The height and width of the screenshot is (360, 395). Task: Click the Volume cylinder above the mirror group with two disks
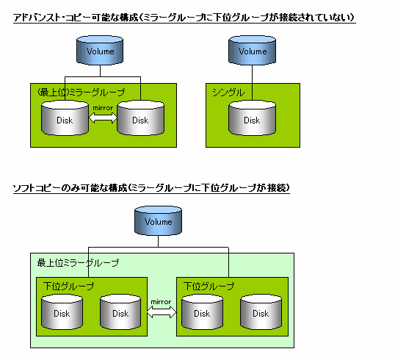coord(100,50)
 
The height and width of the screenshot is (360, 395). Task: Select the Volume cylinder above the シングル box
coord(252,50)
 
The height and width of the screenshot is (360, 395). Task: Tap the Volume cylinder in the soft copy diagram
coord(158,220)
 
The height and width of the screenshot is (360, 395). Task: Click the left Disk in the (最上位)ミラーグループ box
coord(65,118)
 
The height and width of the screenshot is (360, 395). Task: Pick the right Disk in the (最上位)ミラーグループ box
coord(140,118)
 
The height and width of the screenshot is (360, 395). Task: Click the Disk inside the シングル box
coord(252,118)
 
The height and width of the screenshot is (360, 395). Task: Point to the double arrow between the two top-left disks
coord(103,118)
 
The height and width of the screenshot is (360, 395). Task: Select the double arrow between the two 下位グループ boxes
coord(162,312)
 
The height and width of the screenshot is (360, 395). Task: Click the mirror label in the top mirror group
coord(103,108)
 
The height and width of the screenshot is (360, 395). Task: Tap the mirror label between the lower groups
coord(161,302)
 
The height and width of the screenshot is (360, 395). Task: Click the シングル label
coord(228,93)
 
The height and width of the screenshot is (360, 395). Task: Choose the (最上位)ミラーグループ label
coord(81,93)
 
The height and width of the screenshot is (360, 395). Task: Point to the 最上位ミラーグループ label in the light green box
coord(78,263)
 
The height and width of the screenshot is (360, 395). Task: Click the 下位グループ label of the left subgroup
coord(68,286)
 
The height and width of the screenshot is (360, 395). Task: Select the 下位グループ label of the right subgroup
coord(209,286)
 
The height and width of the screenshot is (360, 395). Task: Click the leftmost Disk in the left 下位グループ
coord(62,312)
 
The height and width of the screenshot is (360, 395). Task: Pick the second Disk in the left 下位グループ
coord(120,312)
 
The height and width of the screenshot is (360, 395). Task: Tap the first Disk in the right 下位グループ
coord(202,312)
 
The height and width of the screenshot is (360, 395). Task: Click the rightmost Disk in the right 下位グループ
coord(261,312)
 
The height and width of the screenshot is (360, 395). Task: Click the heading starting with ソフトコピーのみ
coord(151,188)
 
